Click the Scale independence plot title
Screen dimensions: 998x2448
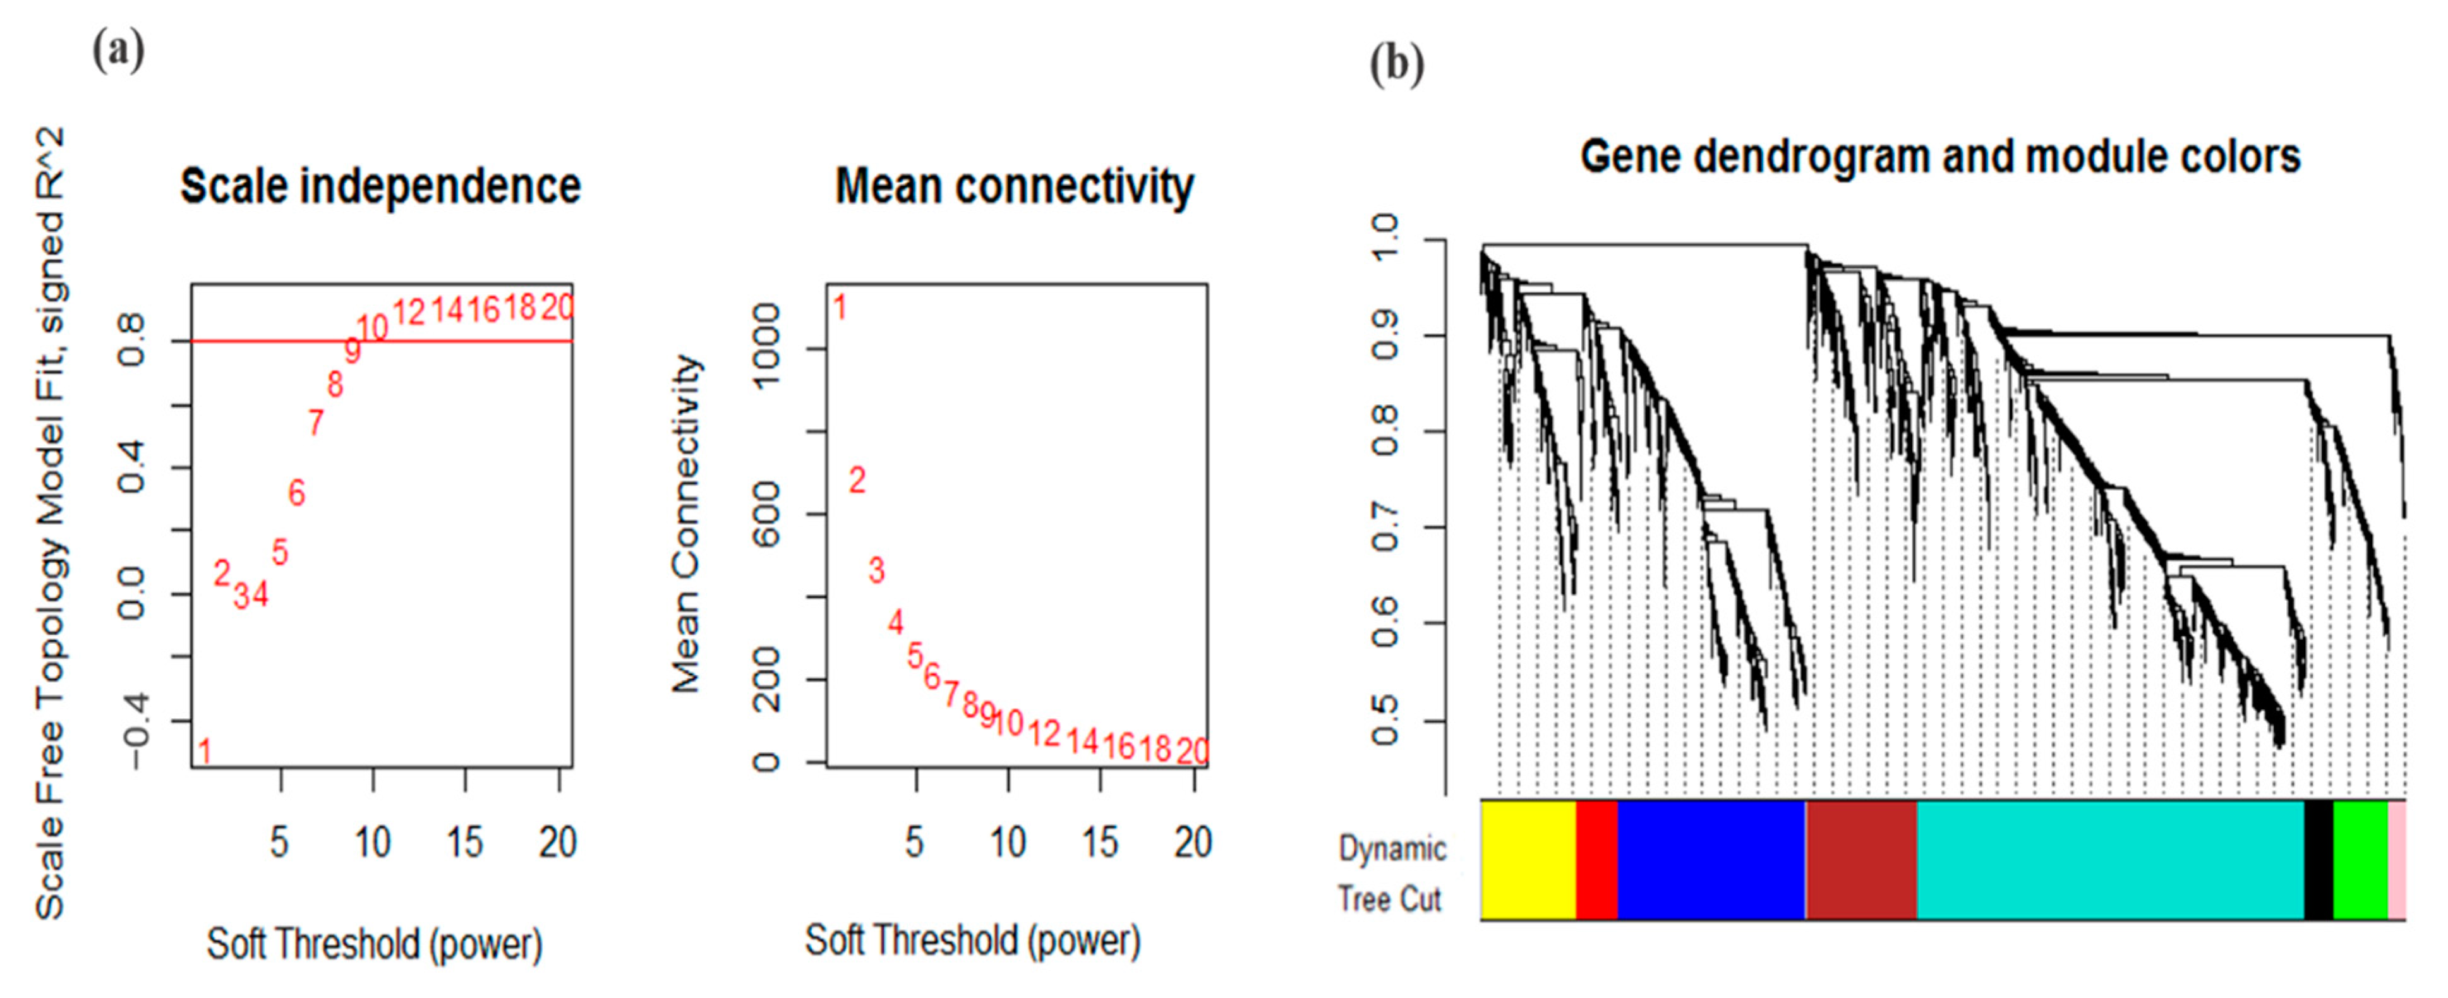pos(380,186)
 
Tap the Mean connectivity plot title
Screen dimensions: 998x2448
pos(1014,186)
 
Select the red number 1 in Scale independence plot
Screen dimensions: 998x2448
pos(204,751)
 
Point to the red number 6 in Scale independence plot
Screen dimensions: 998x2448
pos(296,492)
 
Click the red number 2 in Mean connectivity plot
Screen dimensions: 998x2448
pos(857,480)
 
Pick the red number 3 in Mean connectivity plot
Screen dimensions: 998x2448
pos(876,570)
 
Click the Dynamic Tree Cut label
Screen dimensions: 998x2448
pos(1391,872)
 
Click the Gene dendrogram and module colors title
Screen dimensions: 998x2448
pos(1939,157)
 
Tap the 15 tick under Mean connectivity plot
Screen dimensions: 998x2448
pos(1099,842)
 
